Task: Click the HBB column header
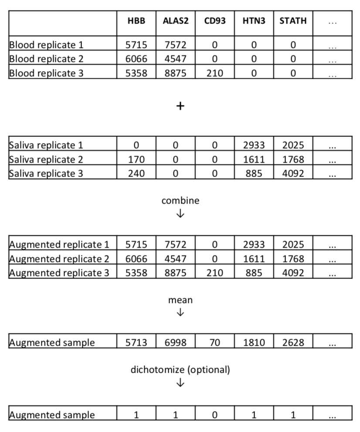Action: tap(136, 21)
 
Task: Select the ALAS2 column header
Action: tap(176, 21)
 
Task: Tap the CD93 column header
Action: tap(215, 21)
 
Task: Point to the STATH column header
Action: tap(293, 21)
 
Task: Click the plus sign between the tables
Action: tap(180, 106)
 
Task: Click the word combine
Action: tap(180, 201)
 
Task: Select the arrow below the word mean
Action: tap(180, 313)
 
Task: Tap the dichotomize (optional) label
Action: tap(180, 370)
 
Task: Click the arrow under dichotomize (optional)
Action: tap(180, 383)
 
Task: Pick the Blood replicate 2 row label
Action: tap(46, 59)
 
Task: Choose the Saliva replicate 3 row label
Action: tap(46, 173)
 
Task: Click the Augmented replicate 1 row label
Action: tap(59, 245)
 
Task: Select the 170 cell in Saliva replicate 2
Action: tap(136, 159)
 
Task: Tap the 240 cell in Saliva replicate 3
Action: tap(136, 173)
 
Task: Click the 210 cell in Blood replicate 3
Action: tap(215, 73)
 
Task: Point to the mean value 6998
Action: tap(176, 343)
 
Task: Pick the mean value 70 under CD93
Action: tap(215, 343)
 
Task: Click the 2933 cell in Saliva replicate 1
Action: tap(254, 145)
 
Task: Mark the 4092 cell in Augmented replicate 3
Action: tap(293, 273)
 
